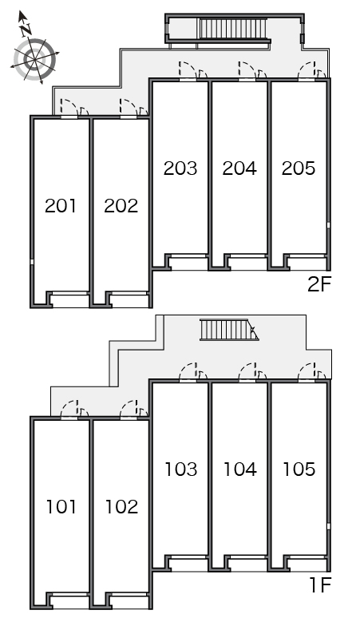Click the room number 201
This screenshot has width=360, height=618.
(x=61, y=206)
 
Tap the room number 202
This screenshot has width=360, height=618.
(x=121, y=206)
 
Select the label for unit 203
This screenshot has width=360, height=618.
(x=180, y=168)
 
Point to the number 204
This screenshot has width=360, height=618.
(x=239, y=168)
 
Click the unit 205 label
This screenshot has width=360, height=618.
(x=299, y=168)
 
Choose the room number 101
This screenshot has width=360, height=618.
(x=61, y=506)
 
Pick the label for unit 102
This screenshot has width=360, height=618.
(x=121, y=506)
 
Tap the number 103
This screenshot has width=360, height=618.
(x=180, y=469)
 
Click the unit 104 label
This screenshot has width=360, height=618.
(x=240, y=469)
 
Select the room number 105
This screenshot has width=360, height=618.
(x=299, y=469)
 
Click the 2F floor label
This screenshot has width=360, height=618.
(x=319, y=284)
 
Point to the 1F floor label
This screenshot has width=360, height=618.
(x=321, y=585)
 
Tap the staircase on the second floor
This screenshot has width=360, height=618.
(x=232, y=29)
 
